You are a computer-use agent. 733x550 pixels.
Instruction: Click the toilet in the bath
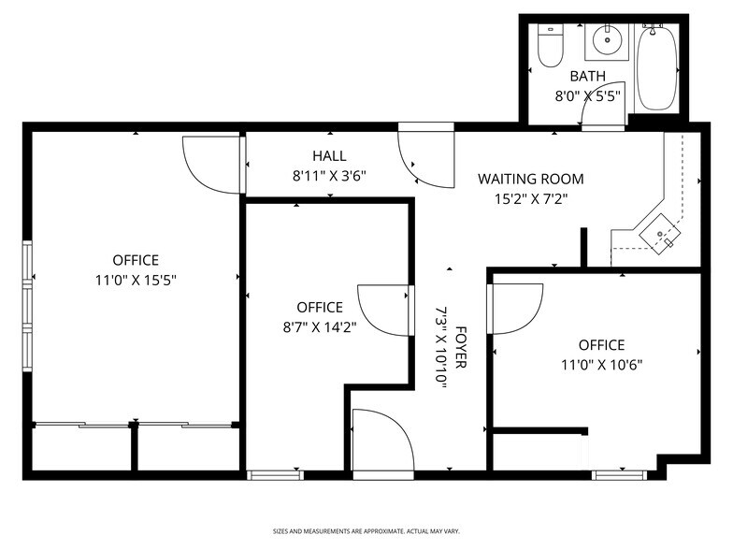pos(550,46)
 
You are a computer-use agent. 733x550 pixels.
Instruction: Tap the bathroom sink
pos(607,40)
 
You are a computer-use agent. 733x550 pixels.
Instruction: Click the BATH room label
pos(587,77)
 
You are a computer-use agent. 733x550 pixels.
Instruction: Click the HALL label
pos(329,156)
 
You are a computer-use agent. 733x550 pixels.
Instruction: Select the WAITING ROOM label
pos(530,179)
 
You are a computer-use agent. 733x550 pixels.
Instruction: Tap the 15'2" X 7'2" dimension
pos(530,198)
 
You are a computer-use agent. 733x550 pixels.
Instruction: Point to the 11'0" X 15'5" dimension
pos(136,280)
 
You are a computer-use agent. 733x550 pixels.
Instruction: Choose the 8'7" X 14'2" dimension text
pos(320,326)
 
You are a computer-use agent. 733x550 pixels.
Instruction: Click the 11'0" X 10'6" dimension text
pos(600,365)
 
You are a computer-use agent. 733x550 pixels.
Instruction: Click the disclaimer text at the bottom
pos(366,530)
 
